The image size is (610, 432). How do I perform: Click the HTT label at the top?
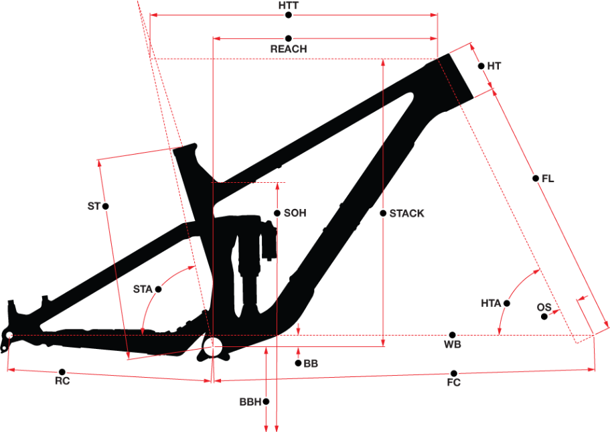point(289,5)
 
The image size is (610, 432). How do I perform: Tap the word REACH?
point(289,49)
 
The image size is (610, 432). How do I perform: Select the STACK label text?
point(406,213)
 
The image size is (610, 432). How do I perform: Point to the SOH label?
point(295,213)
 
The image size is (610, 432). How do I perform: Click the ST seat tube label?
point(94,206)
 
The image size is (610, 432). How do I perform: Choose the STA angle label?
point(143,289)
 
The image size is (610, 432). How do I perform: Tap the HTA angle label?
point(491,303)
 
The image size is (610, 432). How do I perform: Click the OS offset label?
point(544,307)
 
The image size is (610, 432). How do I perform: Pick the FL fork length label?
point(548,179)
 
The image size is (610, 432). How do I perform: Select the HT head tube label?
point(494,66)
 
